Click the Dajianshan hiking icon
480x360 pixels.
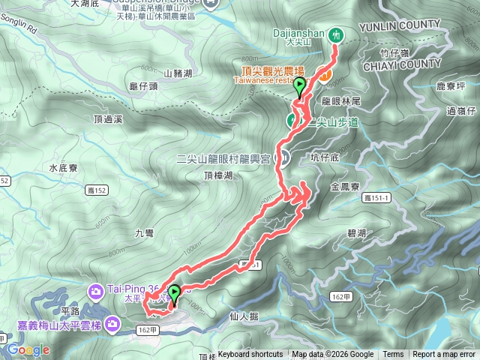point(336,34)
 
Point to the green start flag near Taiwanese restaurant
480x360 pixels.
point(300,86)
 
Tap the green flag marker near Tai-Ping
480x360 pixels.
point(175,294)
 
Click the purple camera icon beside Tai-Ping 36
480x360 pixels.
point(97,290)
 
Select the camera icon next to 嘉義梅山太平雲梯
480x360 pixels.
point(112,324)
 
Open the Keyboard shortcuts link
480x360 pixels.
point(250,355)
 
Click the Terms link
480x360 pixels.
point(393,355)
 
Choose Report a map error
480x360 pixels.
point(443,355)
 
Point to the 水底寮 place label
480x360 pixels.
point(63,169)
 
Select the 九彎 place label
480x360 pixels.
point(145,233)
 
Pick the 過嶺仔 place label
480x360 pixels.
point(460,112)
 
